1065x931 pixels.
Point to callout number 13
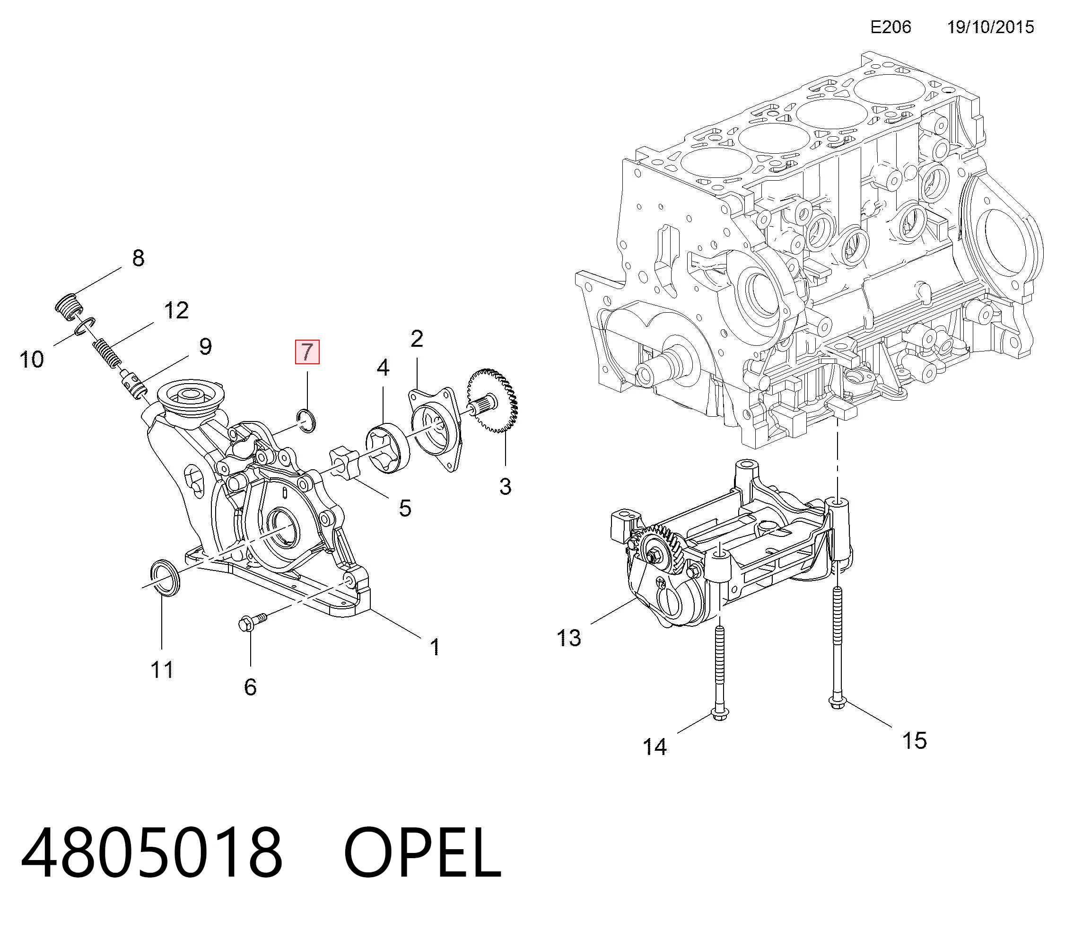tap(568, 638)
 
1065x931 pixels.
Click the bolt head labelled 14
tap(718, 715)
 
